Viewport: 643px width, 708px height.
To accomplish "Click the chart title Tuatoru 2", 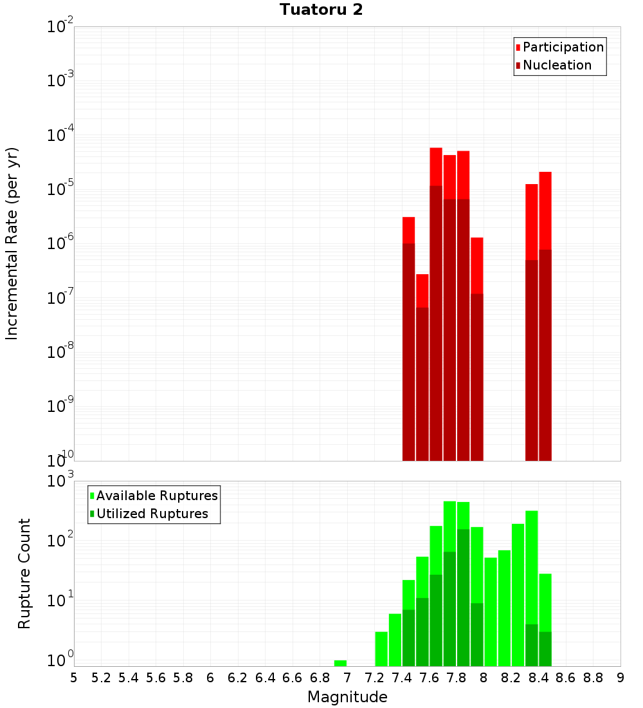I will pyautogui.click(x=321, y=10).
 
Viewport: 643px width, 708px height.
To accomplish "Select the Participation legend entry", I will pyautogui.click(x=563, y=47).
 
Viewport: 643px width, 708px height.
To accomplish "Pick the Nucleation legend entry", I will pyautogui.click(x=557, y=65).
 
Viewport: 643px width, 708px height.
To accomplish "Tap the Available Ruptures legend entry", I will pyautogui.click(x=157, y=496).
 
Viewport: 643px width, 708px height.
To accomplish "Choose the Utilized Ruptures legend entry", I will pyautogui.click(x=152, y=514).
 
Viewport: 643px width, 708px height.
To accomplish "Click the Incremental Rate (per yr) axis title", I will pyautogui.click(x=12, y=243).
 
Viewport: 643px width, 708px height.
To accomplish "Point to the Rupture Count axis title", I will pyautogui.click(x=24, y=573).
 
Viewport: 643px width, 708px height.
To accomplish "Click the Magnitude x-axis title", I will pyautogui.click(x=347, y=697).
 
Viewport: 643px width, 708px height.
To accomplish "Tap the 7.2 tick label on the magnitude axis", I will pyautogui.click(x=374, y=678).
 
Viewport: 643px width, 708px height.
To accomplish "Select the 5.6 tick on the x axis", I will pyautogui.click(x=156, y=678).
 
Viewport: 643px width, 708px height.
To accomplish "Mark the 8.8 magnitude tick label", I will pyautogui.click(x=593, y=678).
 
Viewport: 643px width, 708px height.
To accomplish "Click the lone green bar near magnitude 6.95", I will pyautogui.click(x=340, y=663).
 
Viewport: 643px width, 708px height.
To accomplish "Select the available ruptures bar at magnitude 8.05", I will pyautogui.click(x=491, y=611).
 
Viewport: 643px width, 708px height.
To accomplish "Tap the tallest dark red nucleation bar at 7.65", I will pyautogui.click(x=436, y=322).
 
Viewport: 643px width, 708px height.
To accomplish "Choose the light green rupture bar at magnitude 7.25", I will pyautogui.click(x=381, y=649).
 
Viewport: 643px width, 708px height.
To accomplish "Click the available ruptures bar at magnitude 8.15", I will pyautogui.click(x=504, y=608).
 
